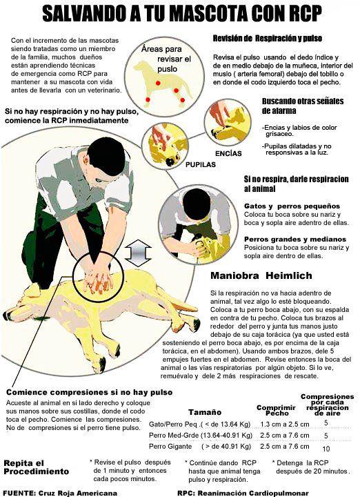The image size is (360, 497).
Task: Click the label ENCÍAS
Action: click(228, 154)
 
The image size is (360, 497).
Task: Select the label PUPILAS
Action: click(201, 164)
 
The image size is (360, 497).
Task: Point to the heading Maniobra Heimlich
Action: click(261, 275)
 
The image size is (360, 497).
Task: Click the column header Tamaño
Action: click(205, 412)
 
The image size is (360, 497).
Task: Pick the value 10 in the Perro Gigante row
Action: click(326, 449)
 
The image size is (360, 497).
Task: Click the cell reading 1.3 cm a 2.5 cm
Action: click(285, 424)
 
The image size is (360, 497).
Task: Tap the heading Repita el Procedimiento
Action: click(36, 467)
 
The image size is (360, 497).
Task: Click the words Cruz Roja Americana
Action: click(78, 493)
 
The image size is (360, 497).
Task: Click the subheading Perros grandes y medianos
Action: click(295, 240)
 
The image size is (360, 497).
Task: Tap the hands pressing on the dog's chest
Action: click(98, 280)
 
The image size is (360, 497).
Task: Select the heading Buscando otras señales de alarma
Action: click(303, 106)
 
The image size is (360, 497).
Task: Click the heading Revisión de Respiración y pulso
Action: click(267, 39)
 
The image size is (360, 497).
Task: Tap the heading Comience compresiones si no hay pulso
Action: click(89, 392)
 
